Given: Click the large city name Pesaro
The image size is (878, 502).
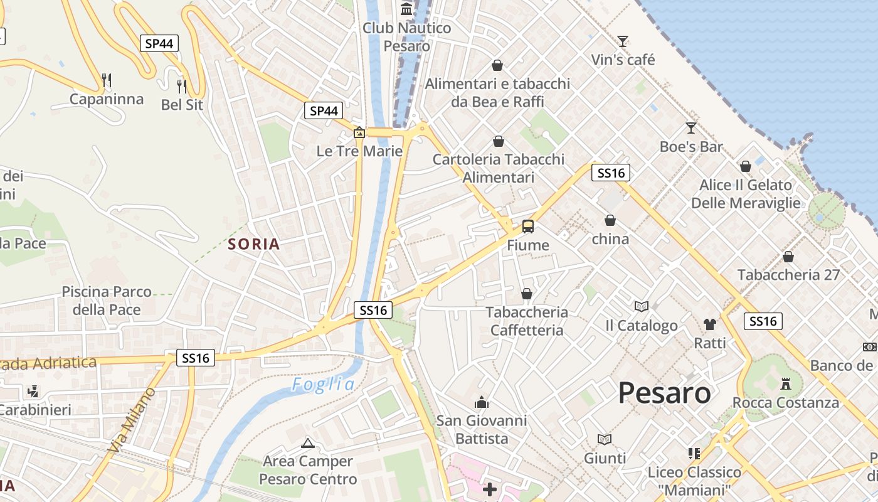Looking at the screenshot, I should click(664, 393).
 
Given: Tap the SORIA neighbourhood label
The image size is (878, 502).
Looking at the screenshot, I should click(254, 244).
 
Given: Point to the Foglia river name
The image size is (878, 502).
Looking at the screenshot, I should click(324, 385).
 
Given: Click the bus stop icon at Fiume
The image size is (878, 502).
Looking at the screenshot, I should click(528, 227).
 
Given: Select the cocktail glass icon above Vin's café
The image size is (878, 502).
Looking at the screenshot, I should click(622, 41).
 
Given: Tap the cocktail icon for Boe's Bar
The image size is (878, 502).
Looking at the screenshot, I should click(691, 128).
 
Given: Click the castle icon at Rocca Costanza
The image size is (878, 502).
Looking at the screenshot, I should click(785, 383).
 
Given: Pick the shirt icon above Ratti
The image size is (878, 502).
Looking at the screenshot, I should click(709, 324).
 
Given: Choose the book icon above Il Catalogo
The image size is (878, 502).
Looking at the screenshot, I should click(641, 306).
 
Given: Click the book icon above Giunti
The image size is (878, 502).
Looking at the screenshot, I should click(605, 439).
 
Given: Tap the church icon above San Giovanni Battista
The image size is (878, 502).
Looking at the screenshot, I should click(482, 402).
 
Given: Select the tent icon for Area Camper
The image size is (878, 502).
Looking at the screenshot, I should click(307, 444).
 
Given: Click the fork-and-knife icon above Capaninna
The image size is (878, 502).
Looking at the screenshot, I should click(107, 80).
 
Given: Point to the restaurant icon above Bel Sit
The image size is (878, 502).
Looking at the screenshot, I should click(182, 86).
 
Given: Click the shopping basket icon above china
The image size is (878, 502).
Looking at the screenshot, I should click(610, 220).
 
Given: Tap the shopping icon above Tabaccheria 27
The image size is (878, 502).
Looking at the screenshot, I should click(788, 257).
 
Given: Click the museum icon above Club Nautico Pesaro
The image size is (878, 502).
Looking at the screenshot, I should click(406, 9).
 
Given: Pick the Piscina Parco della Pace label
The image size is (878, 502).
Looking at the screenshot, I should click(107, 301).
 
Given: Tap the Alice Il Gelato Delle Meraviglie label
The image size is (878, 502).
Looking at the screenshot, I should click(746, 194).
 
